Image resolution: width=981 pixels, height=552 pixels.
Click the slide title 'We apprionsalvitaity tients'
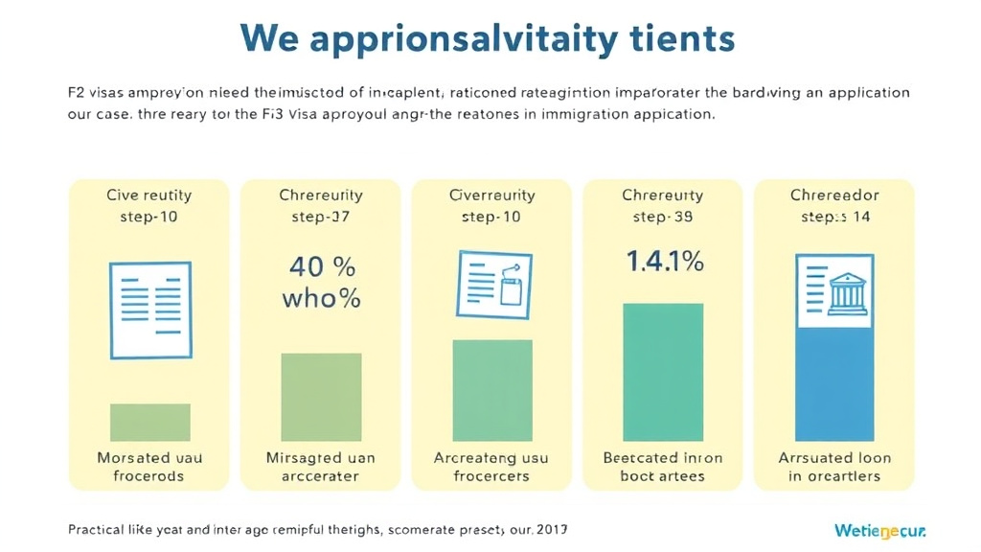[x=489, y=38]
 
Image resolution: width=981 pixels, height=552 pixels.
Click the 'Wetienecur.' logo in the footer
[x=880, y=530]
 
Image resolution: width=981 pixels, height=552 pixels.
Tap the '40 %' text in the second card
[x=321, y=265]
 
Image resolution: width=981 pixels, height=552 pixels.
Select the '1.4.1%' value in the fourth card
[x=665, y=260]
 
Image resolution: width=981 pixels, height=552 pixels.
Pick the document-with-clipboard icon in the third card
[x=492, y=283]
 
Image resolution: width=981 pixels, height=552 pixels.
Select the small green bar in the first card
[x=150, y=422]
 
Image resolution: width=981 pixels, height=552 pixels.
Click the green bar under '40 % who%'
[x=321, y=397]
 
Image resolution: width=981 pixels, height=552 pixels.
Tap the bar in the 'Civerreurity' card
[x=492, y=390]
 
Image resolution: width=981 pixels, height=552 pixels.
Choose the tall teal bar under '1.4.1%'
[x=663, y=372]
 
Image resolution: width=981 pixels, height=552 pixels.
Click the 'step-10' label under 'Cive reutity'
[x=149, y=217]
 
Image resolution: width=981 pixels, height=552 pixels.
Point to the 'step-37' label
[x=321, y=217]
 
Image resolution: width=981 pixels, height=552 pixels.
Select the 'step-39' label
[x=663, y=217]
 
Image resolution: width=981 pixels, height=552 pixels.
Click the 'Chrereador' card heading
[x=834, y=195]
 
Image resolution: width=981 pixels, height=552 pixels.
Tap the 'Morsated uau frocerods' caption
[x=149, y=467]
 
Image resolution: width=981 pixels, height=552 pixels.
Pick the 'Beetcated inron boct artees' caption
[x=663, y=467]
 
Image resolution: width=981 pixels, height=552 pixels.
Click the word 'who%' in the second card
[x=321, y=298]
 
